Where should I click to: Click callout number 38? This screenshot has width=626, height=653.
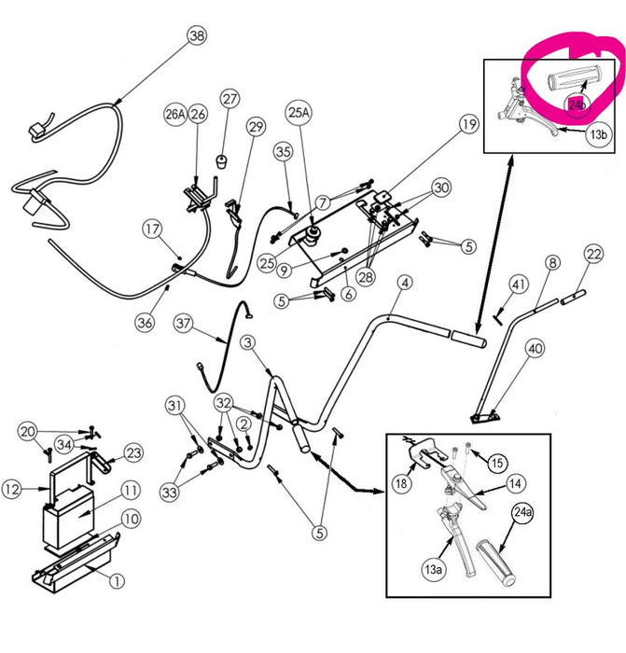(195, 36)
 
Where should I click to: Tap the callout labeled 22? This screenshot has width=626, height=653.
(594, 253)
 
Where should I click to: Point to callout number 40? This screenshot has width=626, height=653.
(534, 350)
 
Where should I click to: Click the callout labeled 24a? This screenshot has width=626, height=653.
(522, 512)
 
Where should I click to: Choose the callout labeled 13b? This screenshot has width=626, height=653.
(600, 134)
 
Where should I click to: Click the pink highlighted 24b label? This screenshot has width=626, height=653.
(578, 104)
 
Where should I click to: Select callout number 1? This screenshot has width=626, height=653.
(117, 581)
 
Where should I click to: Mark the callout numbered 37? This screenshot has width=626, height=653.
(184, 325)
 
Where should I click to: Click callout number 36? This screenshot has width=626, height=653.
(144, 322)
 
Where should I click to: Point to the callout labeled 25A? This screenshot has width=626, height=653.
(298, 113)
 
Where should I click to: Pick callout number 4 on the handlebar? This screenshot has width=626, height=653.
(404, 282)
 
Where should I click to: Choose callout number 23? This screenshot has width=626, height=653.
(133, 453)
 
